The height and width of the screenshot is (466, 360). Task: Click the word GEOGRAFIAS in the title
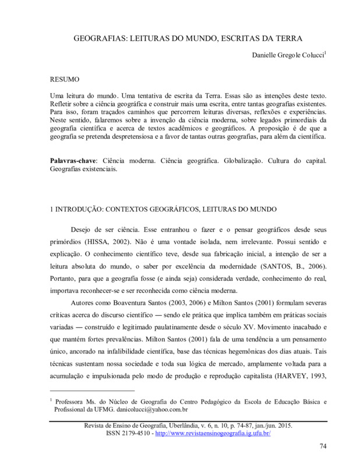pyautogui.click(x=100, y=39)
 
